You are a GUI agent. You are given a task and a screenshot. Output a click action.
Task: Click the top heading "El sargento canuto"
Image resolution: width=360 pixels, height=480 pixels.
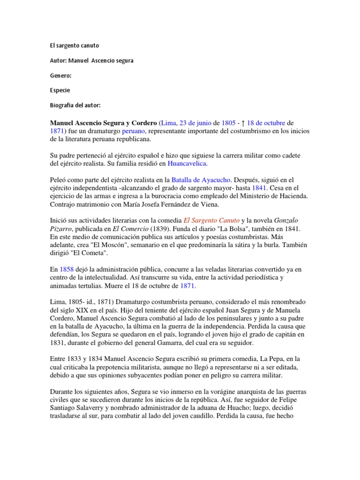74,45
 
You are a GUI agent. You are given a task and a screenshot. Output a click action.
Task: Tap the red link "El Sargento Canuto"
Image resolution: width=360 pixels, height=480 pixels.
211,220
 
